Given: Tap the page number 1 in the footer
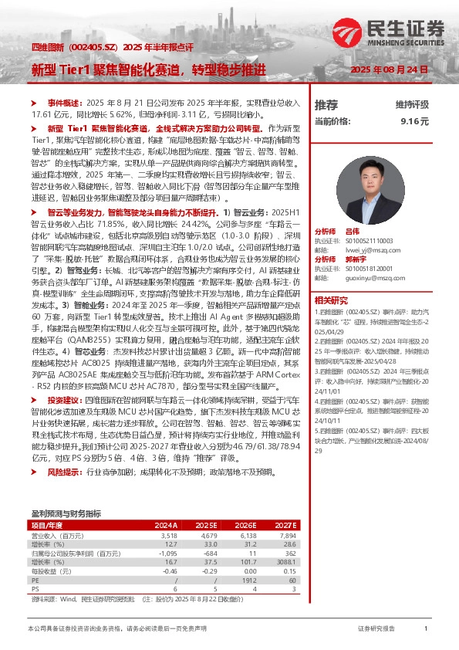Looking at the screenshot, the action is coord(426,629).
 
